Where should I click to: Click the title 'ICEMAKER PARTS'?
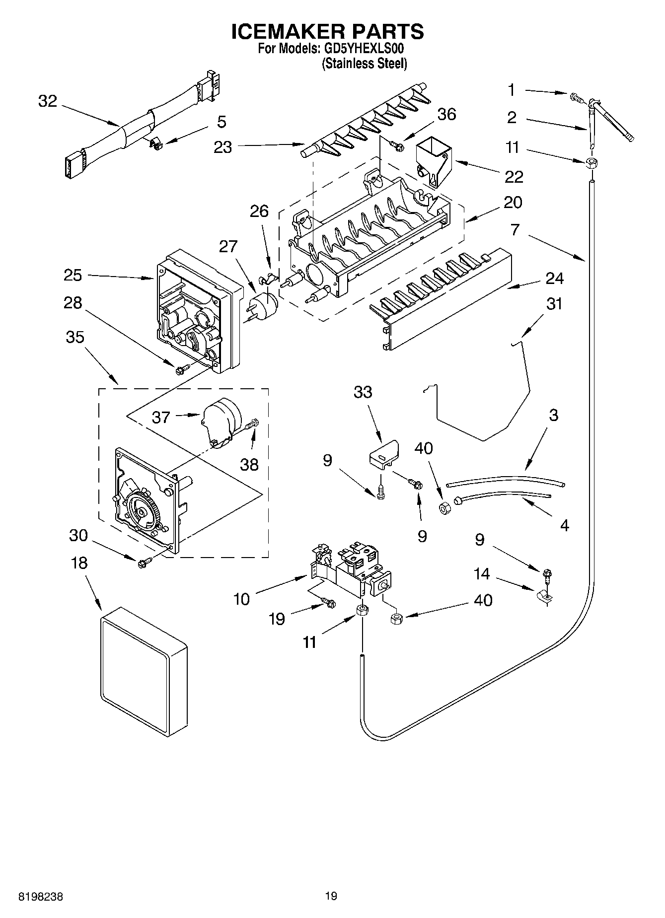coord(328,31)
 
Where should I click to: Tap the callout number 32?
coord(48,101)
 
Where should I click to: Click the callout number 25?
coord(73,275)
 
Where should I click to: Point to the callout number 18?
coord(79,563)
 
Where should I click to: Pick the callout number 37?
coord(161,417)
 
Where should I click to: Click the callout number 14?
coord(481,574)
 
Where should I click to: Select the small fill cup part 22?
coord(433,162)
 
